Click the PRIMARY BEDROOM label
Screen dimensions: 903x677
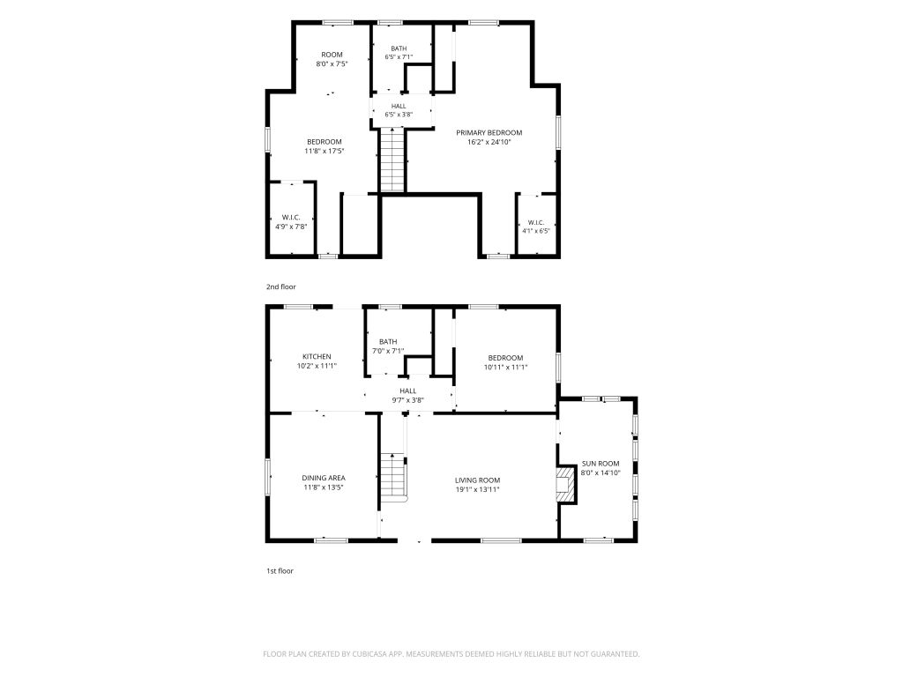[x=489, y=132]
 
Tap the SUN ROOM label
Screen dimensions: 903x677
[x=600, y=464]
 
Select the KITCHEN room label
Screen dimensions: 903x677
[x=317, y=356]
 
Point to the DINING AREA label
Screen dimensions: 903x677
[x=324, y=478]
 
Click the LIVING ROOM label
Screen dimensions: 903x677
[x=477, y=480]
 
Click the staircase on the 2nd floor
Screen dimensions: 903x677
[x=392, y=160]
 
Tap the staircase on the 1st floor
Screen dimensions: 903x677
[x=393, y=477]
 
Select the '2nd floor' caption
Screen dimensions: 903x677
[x=281, y=286]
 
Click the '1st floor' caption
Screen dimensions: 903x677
[x=280, y=571]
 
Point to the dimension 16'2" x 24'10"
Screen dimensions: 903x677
[x=489, y=142]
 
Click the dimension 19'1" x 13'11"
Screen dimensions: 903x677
[x=477, y=489]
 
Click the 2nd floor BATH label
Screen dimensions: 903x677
[x=399, y=48]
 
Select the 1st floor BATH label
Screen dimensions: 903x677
[x=388, y=342]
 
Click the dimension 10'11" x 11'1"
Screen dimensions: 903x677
[x=505, y=367]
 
